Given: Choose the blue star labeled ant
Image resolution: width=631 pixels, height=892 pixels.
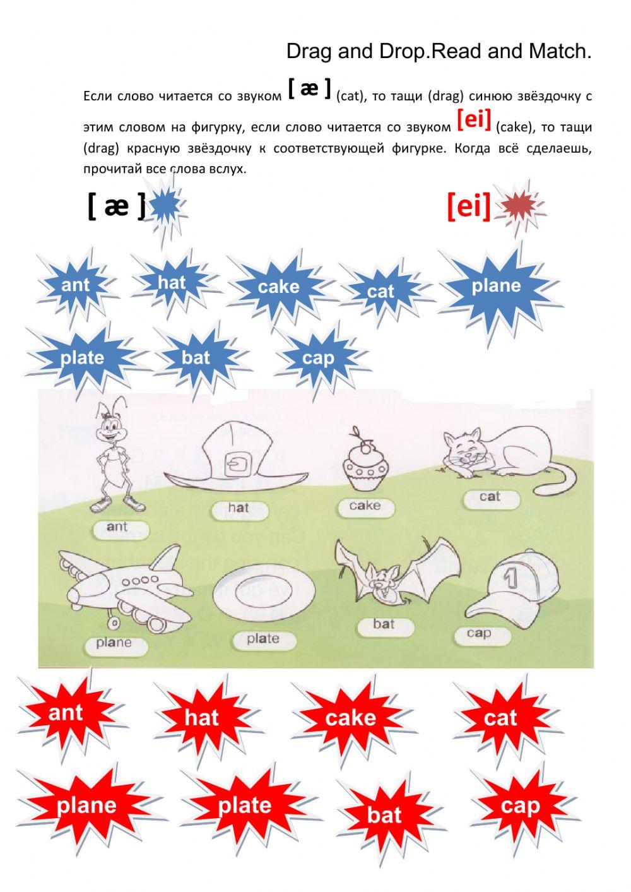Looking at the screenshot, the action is click(x=76, y=285).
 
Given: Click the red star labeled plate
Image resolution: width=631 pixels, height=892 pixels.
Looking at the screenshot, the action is click(x=245, y=805).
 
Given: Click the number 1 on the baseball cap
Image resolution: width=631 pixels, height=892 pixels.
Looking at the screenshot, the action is click(x=510, y=577).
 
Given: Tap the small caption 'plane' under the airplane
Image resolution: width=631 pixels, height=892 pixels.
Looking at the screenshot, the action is click(x=114, y=642).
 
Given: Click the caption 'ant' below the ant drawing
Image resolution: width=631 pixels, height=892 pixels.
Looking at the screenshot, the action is click(x=117, y=526).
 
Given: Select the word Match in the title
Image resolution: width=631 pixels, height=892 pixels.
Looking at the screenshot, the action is click(x=560, y=51).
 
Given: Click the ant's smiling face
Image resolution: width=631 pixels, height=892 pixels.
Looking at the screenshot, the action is click(x=110, y=430).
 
